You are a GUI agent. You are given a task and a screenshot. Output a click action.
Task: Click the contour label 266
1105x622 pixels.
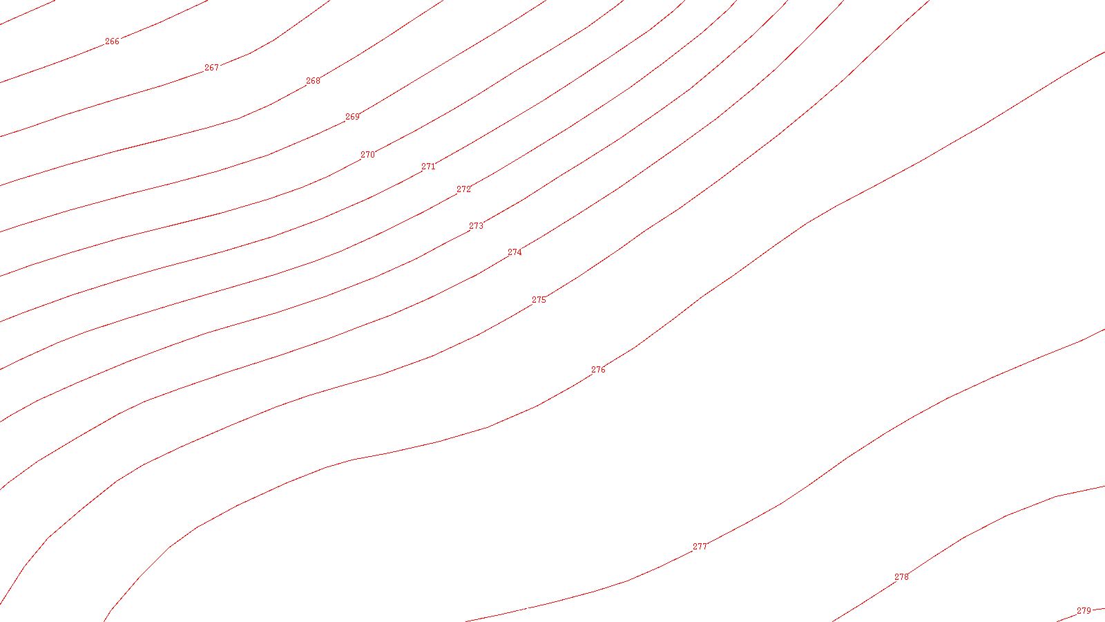pos(112,41)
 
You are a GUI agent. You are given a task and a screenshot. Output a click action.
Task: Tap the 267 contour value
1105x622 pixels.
pos(211,68)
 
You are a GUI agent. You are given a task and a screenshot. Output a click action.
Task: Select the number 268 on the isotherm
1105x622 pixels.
pos(313,81)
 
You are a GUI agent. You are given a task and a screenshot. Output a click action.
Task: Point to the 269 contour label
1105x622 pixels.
pos(352,117)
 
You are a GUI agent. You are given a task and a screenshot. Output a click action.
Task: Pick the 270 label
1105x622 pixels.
pos(367,155)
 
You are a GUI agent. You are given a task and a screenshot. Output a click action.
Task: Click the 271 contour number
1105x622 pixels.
pos(428,167)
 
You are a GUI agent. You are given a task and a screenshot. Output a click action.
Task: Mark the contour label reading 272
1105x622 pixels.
pos(463,189)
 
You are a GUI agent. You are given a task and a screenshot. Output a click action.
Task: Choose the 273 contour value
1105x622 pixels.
pos(476,226)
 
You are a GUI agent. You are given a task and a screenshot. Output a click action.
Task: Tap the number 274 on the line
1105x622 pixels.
pos(515,252)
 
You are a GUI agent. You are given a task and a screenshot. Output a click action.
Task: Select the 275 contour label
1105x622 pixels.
pos(539,300)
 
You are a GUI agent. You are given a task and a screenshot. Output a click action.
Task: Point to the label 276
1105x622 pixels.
pos(598,370)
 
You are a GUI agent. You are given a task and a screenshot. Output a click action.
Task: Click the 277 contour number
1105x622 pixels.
pos(700,547)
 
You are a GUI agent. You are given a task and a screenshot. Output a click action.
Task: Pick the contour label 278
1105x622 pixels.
pos(901,577)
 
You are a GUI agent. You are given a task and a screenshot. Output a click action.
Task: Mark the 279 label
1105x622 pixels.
pos(1084,611)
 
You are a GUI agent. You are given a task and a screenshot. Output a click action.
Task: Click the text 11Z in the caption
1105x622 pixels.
pos(523,611)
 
